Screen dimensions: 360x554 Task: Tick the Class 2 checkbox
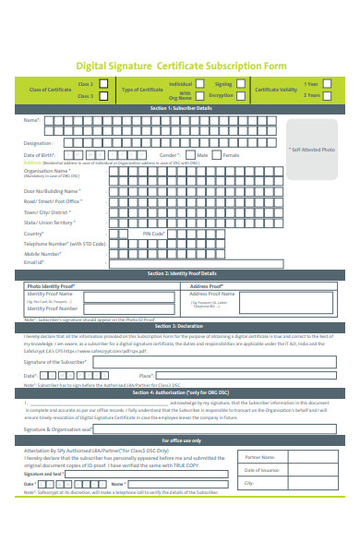tap(102, 83)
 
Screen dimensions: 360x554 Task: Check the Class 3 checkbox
tap(102, 95)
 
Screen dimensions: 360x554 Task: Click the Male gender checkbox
tap(189, 155)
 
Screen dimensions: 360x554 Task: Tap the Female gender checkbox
tap(217, 155)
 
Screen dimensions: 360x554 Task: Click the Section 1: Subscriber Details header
tap(180, 108)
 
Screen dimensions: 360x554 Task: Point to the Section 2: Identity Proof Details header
tap(180, 273)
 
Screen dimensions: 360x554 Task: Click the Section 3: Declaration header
tap(180, 326)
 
